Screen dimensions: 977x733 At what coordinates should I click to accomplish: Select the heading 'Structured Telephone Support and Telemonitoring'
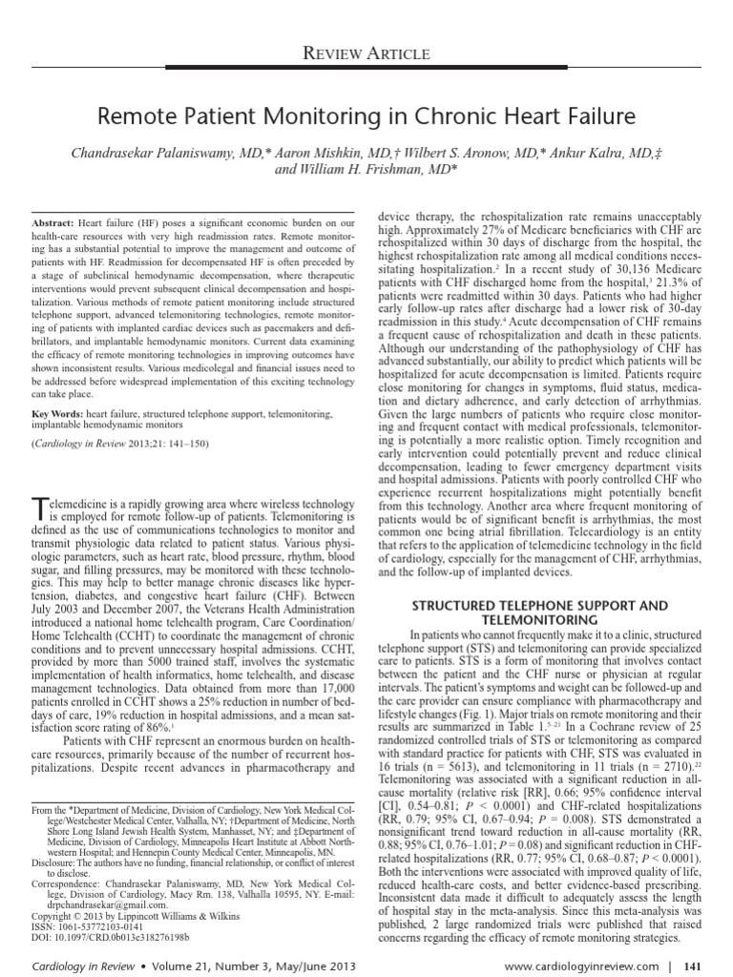(x=539, y=613)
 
